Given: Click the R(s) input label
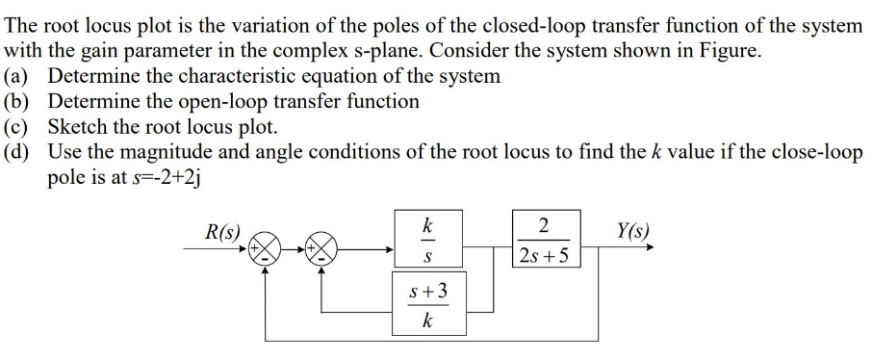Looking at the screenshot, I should point(223,231).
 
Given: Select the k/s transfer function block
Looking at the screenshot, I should point(426,241).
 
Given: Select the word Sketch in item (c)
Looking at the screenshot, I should point(80,126).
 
